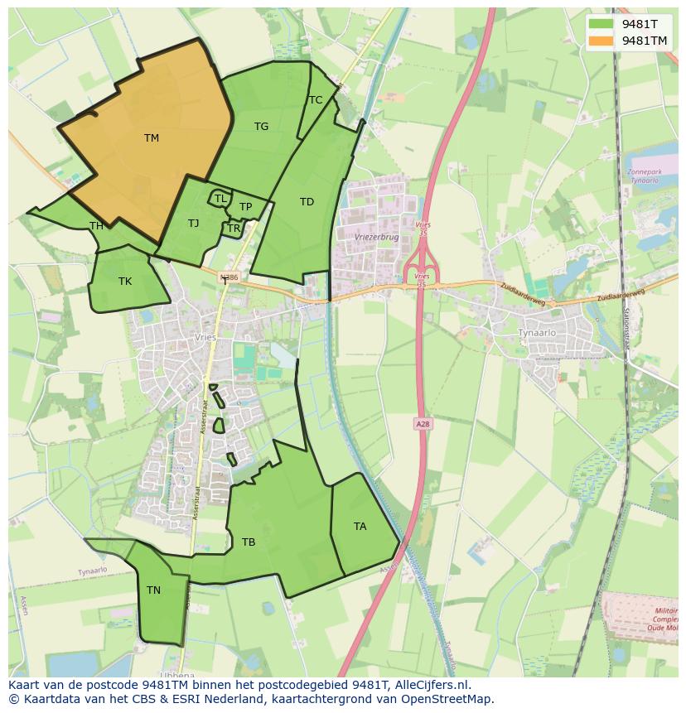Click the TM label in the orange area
[151, 138]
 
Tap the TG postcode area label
[261, 127]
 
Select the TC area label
[315, 100]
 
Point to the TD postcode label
[307, 202]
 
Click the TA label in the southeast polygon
[360, 527]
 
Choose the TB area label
[248, 542]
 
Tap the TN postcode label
[153, 590]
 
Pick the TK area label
[124, 282]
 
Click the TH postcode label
[96, 226]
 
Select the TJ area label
[193, 224]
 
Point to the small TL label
[220, 199]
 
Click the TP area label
[245, 207]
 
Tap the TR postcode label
[234, 229]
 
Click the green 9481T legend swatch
[601, 25]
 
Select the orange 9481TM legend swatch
[601, 41]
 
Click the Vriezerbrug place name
[376, 236]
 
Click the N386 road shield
[229, 277]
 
